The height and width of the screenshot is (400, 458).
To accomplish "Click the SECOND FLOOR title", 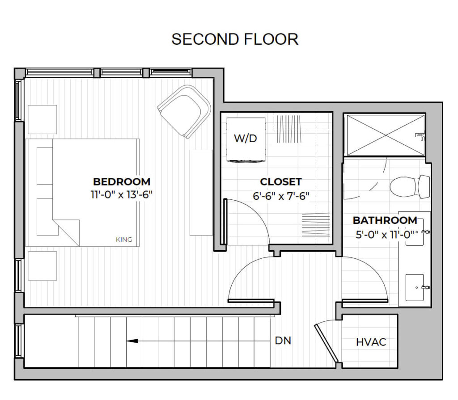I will click(235, 39).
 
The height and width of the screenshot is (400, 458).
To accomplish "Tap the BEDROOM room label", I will click(122, 182).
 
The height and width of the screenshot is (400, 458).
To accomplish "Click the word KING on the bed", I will click(124, 240).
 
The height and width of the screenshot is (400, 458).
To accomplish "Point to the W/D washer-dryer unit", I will click(246, 139).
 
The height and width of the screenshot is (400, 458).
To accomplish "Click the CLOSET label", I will click(281, 182).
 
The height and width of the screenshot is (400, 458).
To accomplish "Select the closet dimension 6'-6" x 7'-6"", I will click(281, 196).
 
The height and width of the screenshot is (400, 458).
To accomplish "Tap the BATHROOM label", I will click(385, 220).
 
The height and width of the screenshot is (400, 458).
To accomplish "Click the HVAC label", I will click(371, 343).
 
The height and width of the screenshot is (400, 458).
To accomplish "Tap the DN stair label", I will click(283, 341).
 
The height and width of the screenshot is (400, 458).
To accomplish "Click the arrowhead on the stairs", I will click(131, 341).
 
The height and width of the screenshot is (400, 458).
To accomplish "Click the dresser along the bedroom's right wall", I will click(201, 193).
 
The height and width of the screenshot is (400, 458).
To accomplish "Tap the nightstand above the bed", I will click(42, 119).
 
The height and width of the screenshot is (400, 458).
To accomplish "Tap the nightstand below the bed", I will click(42, 265).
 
